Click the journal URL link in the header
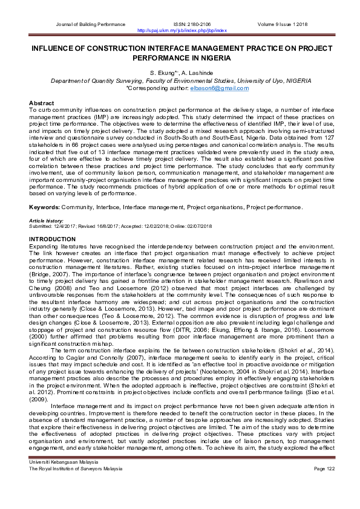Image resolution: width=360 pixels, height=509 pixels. [x=182, y=30]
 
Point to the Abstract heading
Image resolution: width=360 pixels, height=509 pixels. [x=41, y=104]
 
